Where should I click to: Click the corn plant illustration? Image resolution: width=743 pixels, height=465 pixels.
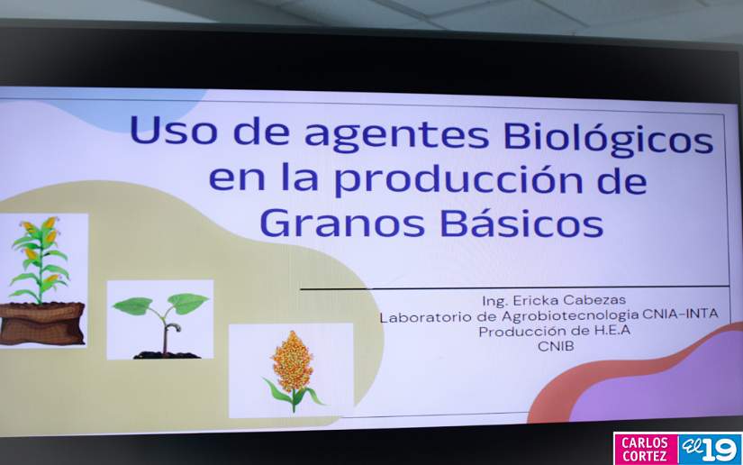tap(40, 257)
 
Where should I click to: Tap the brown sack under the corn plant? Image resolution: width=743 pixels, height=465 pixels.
tap(41, 323)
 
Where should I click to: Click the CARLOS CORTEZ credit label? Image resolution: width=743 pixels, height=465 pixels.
tap(645, 448)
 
